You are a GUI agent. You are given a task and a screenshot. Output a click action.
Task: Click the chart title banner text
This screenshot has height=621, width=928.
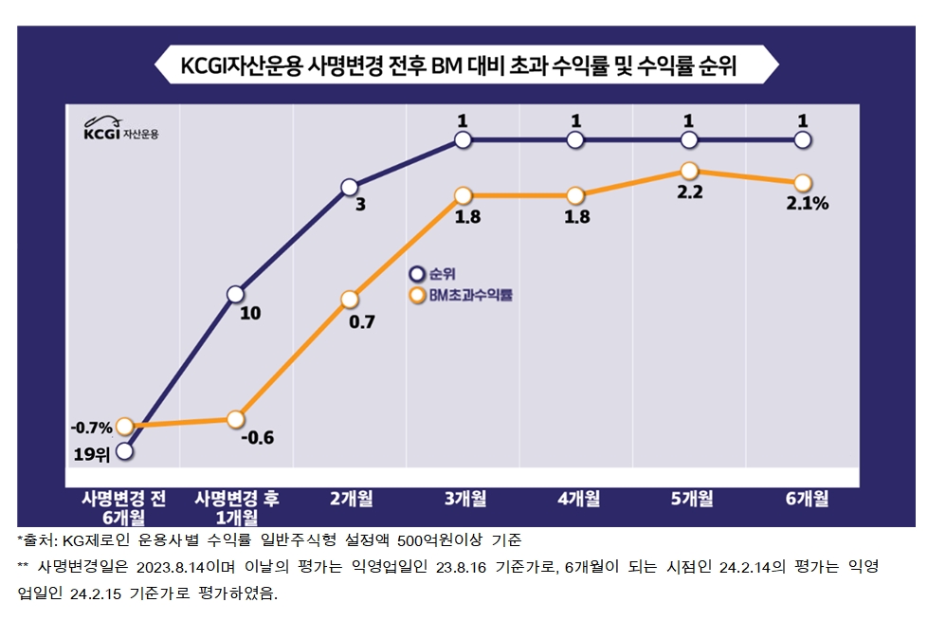pos(464,67)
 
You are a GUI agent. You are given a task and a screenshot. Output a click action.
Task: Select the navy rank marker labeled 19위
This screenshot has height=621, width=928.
pos(125,451)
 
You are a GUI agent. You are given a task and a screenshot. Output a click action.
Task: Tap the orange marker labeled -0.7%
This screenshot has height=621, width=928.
pos(125,427)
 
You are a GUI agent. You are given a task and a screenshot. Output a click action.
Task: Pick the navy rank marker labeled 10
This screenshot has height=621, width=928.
pos(236,294)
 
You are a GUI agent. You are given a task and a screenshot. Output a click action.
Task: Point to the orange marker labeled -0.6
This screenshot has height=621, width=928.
pos(236,419)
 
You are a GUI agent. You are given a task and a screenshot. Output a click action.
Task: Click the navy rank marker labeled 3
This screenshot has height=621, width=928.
pos(349,187)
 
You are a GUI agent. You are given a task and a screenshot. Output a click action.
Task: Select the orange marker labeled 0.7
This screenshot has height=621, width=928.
pos(349,300)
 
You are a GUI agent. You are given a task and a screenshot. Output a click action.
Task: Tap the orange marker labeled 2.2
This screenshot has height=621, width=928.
pos(689,171)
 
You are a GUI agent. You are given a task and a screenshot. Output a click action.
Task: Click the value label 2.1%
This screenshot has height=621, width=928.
pos(808,203)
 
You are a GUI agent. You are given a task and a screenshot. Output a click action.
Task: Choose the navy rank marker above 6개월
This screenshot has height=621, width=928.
pos(802,140)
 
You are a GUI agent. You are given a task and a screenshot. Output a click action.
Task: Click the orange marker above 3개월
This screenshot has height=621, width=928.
pos(463,196)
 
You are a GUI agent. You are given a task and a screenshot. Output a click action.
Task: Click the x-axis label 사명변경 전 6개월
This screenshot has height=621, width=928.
pos(123,507)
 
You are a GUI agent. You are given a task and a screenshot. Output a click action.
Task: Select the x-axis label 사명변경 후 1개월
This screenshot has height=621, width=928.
pos(236,507)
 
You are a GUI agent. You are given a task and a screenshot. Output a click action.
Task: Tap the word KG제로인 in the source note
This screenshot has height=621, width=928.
pos(95,540)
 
